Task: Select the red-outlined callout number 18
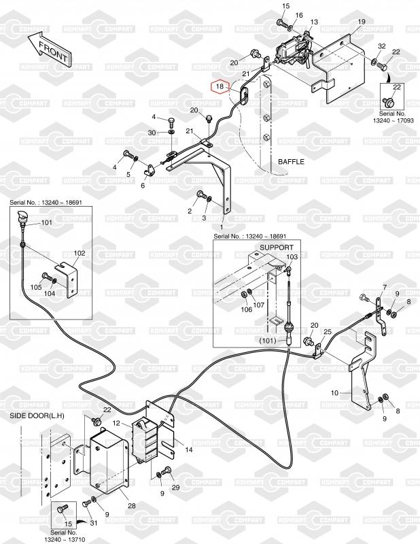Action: coord(219,86)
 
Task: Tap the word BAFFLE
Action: coord(291,162)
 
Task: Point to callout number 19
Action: coord(362,22)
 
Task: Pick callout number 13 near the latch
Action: coord(313,22)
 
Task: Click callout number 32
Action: coord(381,46)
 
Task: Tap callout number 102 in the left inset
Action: coord(80,252)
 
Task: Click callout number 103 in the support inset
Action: coord(292,257)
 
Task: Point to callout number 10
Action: coord(334,393)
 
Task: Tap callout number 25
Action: coord(328,332)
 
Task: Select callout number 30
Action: coord(152,133)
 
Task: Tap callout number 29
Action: coord(175,488)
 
